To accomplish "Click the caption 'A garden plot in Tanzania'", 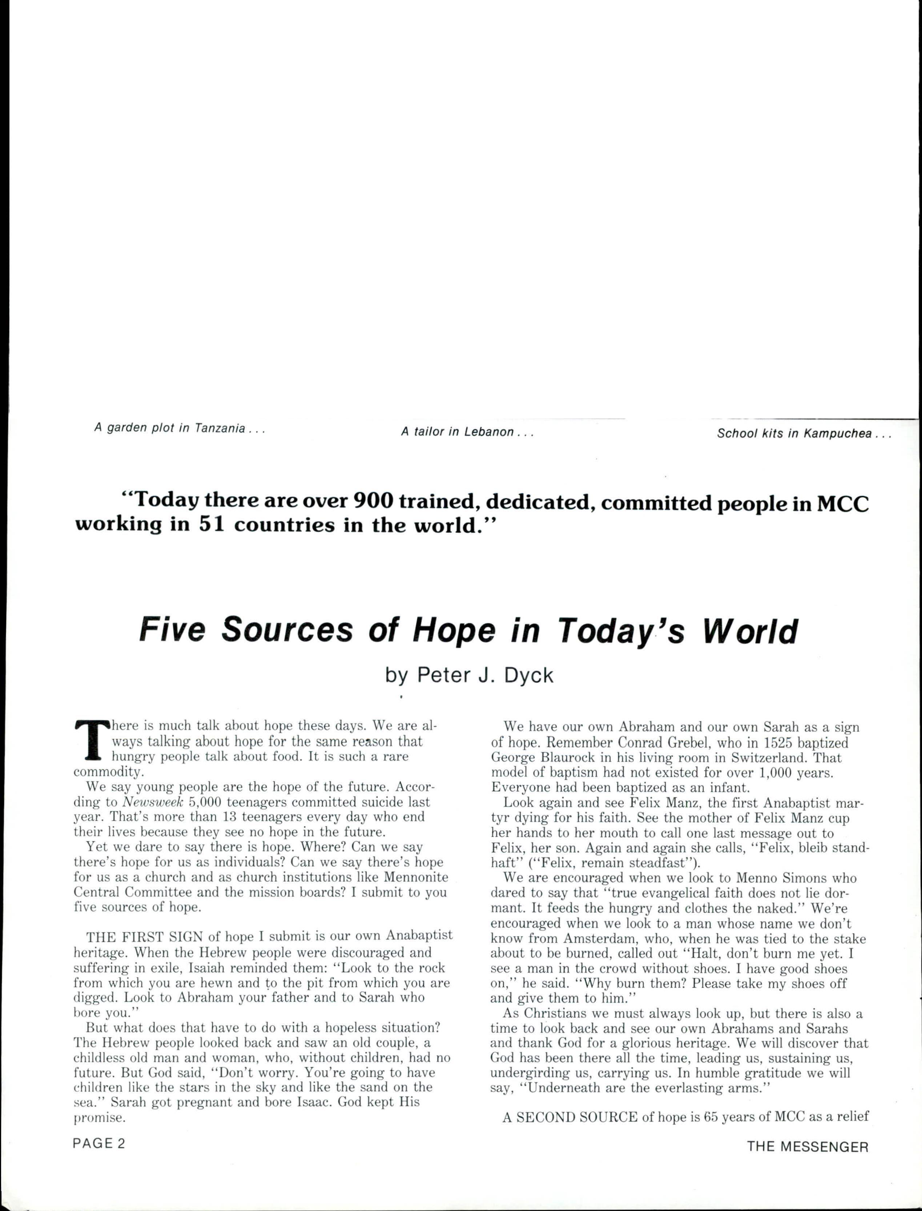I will pyautogui.click(x=180, y=428).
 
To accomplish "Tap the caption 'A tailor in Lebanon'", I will pyautogui.click(x=467, y=432).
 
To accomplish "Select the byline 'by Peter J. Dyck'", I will pyautogui.click(x=469, y=675).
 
